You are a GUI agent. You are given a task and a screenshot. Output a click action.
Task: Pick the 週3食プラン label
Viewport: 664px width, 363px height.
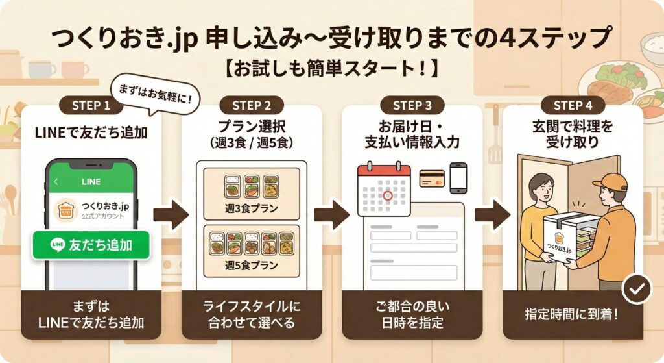point(252,210)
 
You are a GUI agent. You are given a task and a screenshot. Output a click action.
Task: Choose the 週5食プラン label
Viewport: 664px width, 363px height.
point(252,264)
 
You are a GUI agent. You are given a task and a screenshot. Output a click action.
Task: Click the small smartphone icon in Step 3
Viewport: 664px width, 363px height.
point(458,177)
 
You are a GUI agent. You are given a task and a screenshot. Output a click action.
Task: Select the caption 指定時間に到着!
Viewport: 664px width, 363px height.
point(573,314)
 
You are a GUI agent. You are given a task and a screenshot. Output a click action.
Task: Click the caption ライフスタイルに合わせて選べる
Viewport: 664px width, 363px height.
point(252,314)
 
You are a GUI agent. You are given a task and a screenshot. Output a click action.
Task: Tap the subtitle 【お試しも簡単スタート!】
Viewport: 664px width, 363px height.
point(331,68)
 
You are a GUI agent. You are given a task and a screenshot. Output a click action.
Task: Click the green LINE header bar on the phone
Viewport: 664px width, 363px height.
point(91,182)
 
